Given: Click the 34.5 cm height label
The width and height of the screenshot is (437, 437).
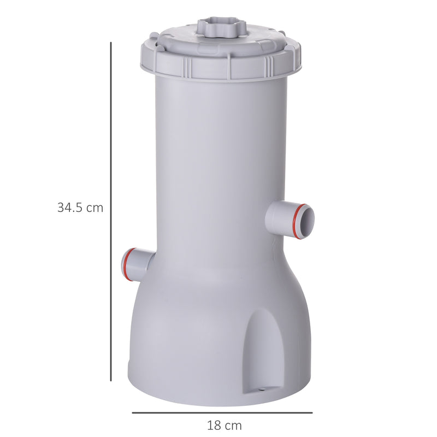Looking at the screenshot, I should pyautogui.click(x=80, y=208).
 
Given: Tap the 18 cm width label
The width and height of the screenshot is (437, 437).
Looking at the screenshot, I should pyautogui.click(x=224, y=425).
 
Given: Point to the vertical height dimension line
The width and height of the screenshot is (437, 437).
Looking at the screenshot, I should pyautogui.click(x=111, y=213).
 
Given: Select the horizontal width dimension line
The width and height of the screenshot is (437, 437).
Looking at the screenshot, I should pyautogui.click(x=222, y=412).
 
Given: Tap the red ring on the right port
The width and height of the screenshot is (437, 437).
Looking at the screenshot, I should pyautogui.click(x=297, y=221).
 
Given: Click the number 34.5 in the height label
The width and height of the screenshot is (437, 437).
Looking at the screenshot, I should pyautogui.click(x=69, y=208).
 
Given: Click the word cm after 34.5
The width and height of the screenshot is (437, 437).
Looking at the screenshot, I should pyautogui.click(x=94, y=208).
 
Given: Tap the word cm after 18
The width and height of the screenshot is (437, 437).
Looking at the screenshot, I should pyautogui.click(x=233, y=425).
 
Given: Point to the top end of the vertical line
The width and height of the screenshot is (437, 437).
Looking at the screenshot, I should pyautogui.click(x=111, y=43).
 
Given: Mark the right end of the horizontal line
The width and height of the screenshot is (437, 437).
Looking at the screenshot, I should pyautogui.click(x=311, y=412).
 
